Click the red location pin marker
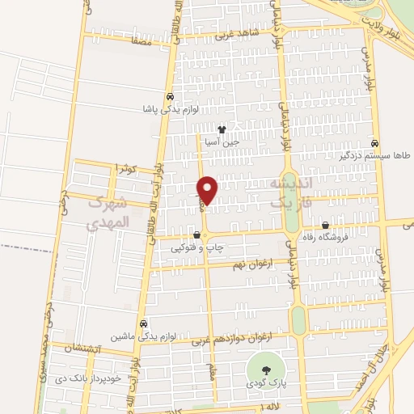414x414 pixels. coord(208,189)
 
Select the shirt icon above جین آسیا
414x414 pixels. coord(221,129)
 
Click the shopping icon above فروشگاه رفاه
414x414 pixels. coord(325,226)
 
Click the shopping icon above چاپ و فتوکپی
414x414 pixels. coord(196,234)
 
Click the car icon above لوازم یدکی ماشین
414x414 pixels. coord(143,323)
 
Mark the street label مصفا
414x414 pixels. coord(140,38)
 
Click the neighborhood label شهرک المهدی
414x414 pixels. coord(108,212)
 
